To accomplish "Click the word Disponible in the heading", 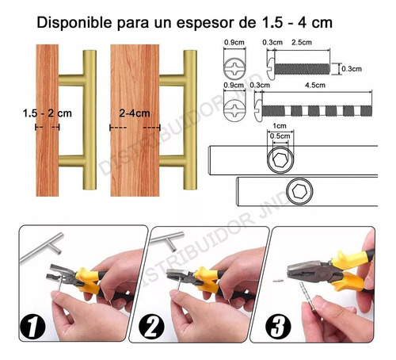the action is pyautogui.click(x=74, y=23).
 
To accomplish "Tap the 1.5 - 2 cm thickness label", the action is pyautogui.click(x=48, y=113).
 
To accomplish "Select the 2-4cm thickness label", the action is pyautogui.click(x=135, y=113).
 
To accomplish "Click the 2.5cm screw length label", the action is pyautogui.click(x=302, y=42).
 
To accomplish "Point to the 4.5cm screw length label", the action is pyautogui.click(x=315, y=85).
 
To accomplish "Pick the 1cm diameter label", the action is pyautogui.click(x=280, y=126).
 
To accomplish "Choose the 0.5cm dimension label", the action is pyautogui.click(x=280, y=136).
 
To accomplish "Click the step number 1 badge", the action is pyautogui.click(x=32, y=327).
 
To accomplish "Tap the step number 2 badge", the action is pyautogui.click(x=151, y=327).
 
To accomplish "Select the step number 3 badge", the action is pyautogui.click(x=278, y=326).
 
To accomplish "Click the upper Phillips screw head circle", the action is pyautogui.click(x=234, y=68).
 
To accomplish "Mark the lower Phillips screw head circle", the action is pyautogui.click(x=234, y=111).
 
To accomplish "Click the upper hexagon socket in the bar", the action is pyautogui.click(x=280, y=160).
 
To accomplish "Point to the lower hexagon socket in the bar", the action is pyautogui.click(x=299, y=191).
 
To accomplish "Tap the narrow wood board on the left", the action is pyautogui.click(x=48, y=121).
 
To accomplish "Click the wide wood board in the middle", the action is pyautogui.click(x=135, y=121).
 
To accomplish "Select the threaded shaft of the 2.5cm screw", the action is pyautogui.click(x=303, y=69).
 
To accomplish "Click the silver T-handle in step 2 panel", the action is pyautogui.click(x=167, y=241).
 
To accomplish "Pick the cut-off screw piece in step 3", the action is pyautogui.click(x=277, y=281).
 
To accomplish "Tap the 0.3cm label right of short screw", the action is pyautogui.click(x=352, y=69).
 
